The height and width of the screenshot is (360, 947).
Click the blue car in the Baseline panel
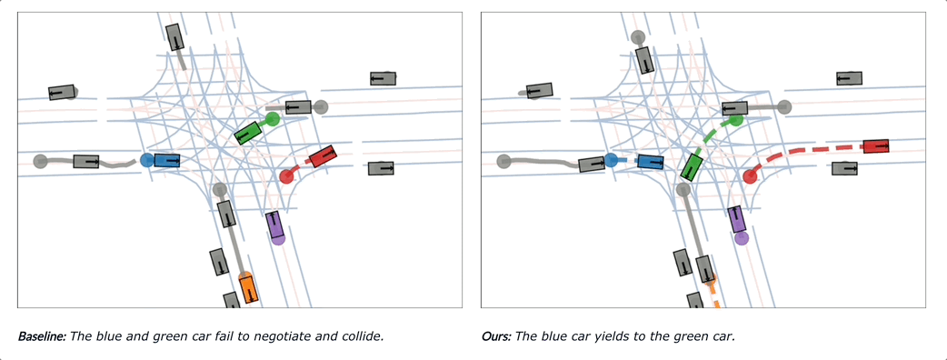pos(166,160)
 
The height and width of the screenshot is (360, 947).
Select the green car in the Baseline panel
pos(247,133)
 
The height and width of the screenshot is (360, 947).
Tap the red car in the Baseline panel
pos(323,155)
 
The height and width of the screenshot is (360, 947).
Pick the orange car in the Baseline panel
pos(248,287)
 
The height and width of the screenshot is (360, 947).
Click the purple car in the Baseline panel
pos(274,225)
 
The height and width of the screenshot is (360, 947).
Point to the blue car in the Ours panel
pos(651,161)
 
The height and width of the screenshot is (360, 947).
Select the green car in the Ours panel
pos(692,166)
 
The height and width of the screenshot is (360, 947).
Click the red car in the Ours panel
pos(876,146)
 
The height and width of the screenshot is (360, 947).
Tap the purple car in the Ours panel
pos(737,219)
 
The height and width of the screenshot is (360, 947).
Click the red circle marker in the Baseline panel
pos(286,176)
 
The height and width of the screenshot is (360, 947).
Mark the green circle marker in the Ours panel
pos(735,120)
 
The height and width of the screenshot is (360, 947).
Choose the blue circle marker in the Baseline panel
pos(146,160)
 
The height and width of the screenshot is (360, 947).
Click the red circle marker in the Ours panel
pos(750,176)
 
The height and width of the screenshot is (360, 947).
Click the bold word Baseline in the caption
pos(43,336)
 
